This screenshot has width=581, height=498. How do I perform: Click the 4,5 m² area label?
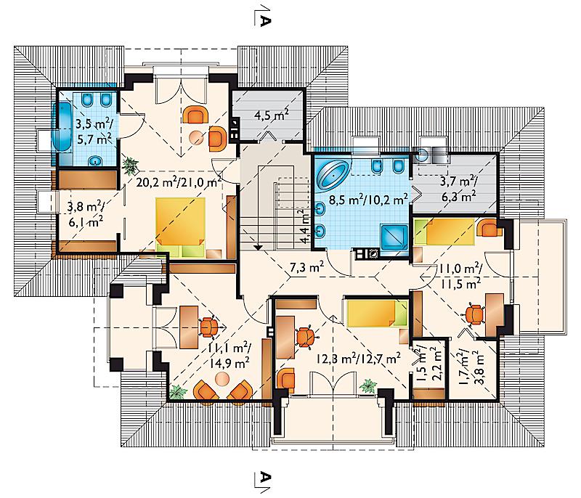pos(272,115)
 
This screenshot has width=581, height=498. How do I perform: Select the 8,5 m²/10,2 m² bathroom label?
pos(369,200)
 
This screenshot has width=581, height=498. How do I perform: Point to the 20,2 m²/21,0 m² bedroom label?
pos(179,181)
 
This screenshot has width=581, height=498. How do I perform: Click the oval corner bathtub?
pos(333,174)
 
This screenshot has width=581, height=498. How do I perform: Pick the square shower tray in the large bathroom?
pos(394,238)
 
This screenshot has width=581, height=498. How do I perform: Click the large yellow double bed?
pos(180,227)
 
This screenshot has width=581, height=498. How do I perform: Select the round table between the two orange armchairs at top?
pos(196,137)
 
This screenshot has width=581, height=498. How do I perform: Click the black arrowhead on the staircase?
pos(258,248)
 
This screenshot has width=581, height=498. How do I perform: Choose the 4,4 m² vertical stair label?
pos(304,226)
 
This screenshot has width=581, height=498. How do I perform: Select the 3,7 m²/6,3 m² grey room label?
pos(459,189)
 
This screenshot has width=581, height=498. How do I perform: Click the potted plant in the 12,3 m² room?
pos(368,385)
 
